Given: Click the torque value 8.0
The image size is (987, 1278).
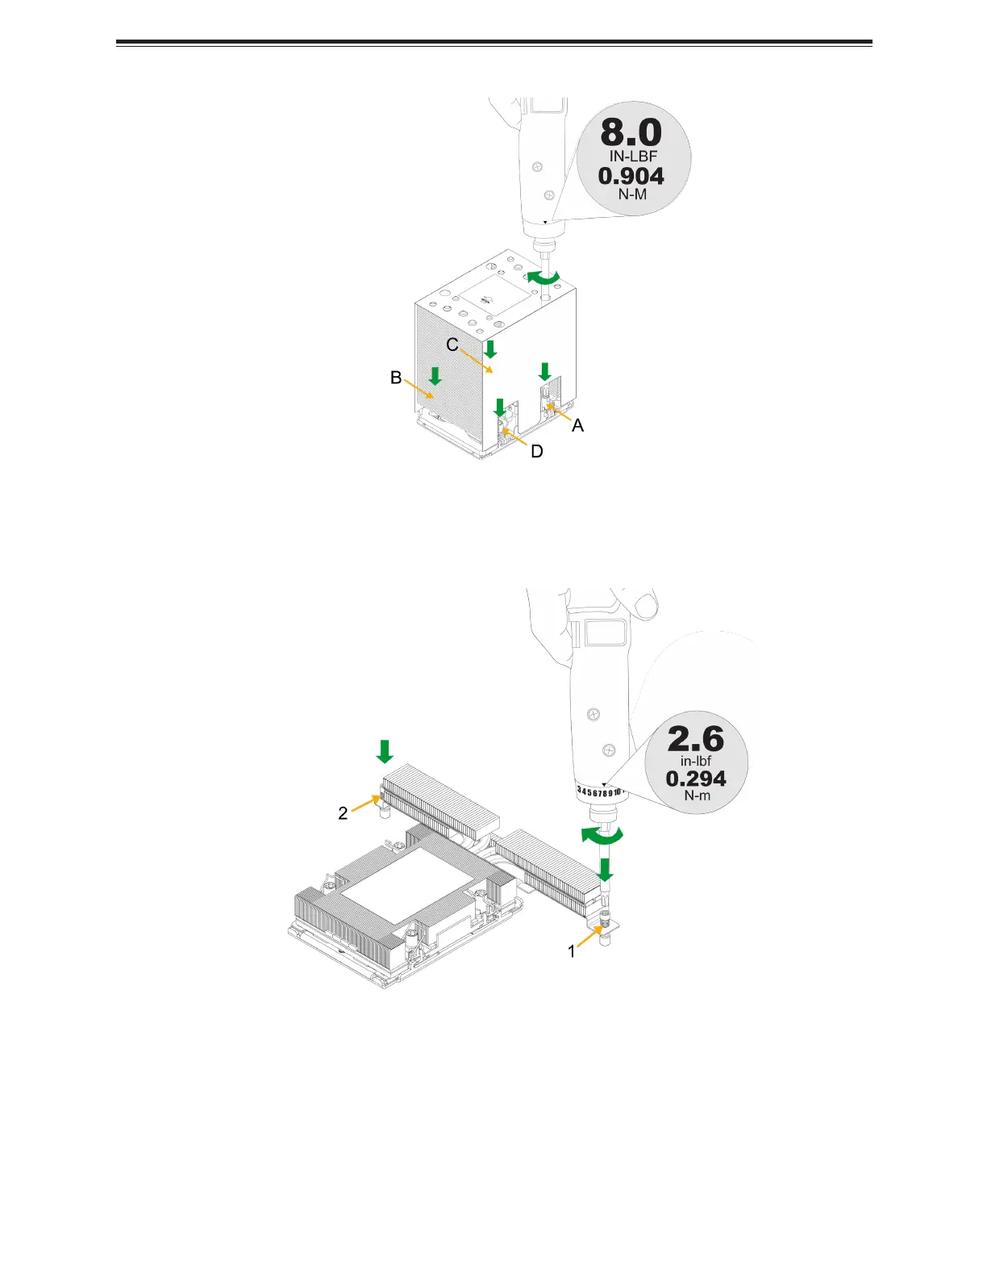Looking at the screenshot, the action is [x=631, y=133].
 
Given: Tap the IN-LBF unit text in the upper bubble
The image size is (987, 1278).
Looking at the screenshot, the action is [x=633, y=157].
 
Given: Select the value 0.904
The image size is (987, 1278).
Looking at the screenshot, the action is [x=631, y=176].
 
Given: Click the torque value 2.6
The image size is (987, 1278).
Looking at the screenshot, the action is [x=696, y=739].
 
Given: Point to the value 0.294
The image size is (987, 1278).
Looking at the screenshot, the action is [x=696, y=779].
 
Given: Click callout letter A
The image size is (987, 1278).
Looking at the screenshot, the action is [x=578, y=425].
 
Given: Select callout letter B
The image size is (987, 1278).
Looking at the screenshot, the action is [x=396, y=378].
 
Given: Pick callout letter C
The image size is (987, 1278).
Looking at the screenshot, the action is [x=452, y=345].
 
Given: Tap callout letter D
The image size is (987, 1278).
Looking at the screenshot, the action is [x=537, y=451].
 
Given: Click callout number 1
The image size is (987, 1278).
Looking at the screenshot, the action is [x=572, y=952].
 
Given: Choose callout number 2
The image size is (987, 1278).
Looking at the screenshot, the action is [x=343, y=813].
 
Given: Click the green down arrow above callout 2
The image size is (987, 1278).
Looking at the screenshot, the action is [x=385, y=752].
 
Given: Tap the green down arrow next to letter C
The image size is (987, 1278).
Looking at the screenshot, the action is [x=490, y=349].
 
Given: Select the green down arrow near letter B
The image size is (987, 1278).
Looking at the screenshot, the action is [x=435, y=375].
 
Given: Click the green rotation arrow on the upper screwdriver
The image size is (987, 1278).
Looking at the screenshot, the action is [x=543, y=278].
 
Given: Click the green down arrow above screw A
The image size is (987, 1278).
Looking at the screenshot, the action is [x=544, y=371].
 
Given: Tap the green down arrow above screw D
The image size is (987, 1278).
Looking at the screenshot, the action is [x=500, y=407].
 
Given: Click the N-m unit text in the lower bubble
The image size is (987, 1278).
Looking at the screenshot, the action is [x=697, y=796].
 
